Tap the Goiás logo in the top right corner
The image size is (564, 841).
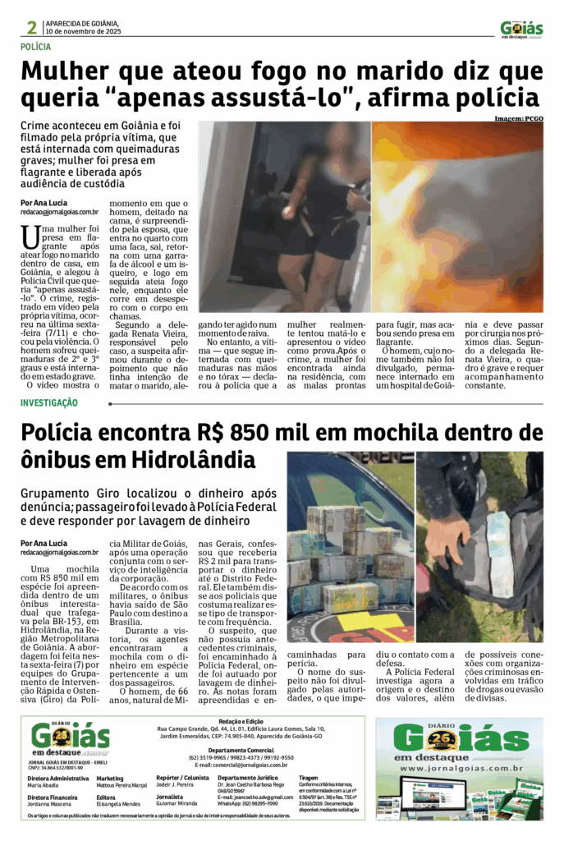pyautogui.click(x=521, y=29)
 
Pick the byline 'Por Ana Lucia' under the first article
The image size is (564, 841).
pyautogui.click(x=44, y=203)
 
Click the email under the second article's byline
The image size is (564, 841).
pyautogui.click(x=59, y=553)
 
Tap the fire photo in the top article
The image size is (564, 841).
pyautogui.click(x=457, y=218)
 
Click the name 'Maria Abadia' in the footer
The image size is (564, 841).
pyautogui.click(x=44, y=784)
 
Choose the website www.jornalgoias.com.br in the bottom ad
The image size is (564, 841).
pyautogui.click(x=460, y=768)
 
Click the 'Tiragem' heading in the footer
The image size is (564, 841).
pyautogui.click(x=309, y=777)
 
